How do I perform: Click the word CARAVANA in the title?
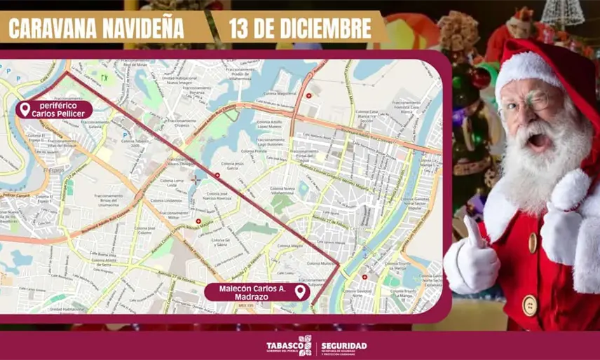click(x=50, y=29)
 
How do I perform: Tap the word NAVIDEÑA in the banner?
click(x=143, y=29)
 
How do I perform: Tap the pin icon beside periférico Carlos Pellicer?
click(x=25, y=109)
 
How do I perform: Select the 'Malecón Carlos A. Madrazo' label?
click(x=249, y=291)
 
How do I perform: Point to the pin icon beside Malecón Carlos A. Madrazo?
click(x=301, y=291)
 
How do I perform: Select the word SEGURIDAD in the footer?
click(x=343, y=345)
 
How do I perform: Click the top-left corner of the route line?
click(x=67, y=72)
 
